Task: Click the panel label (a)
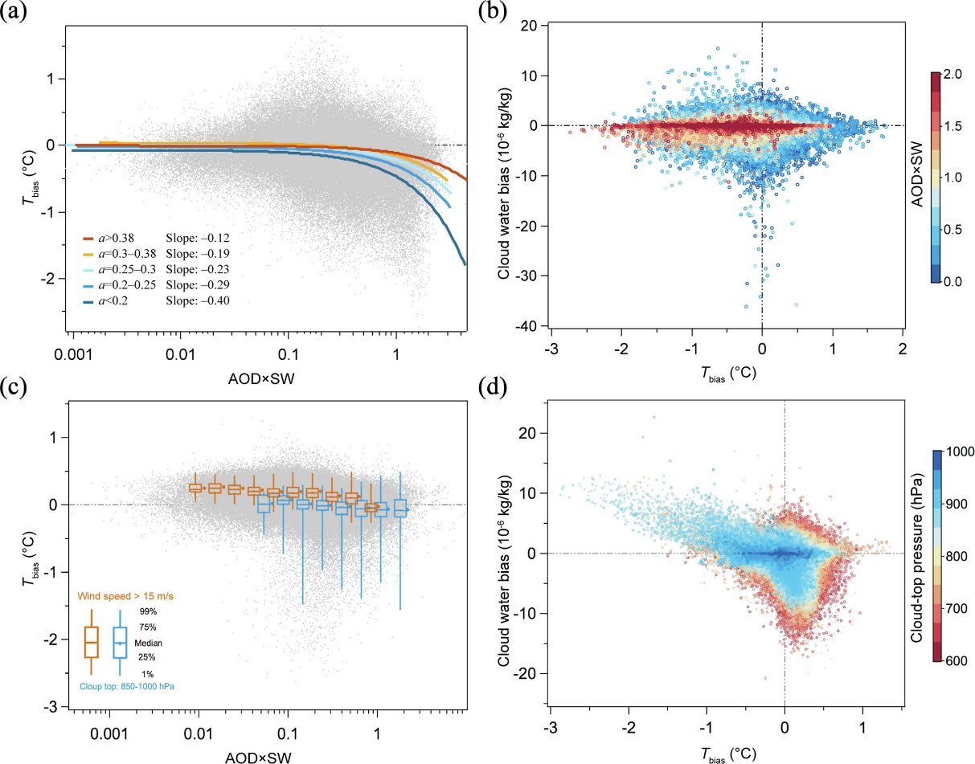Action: tap(15, 14)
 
